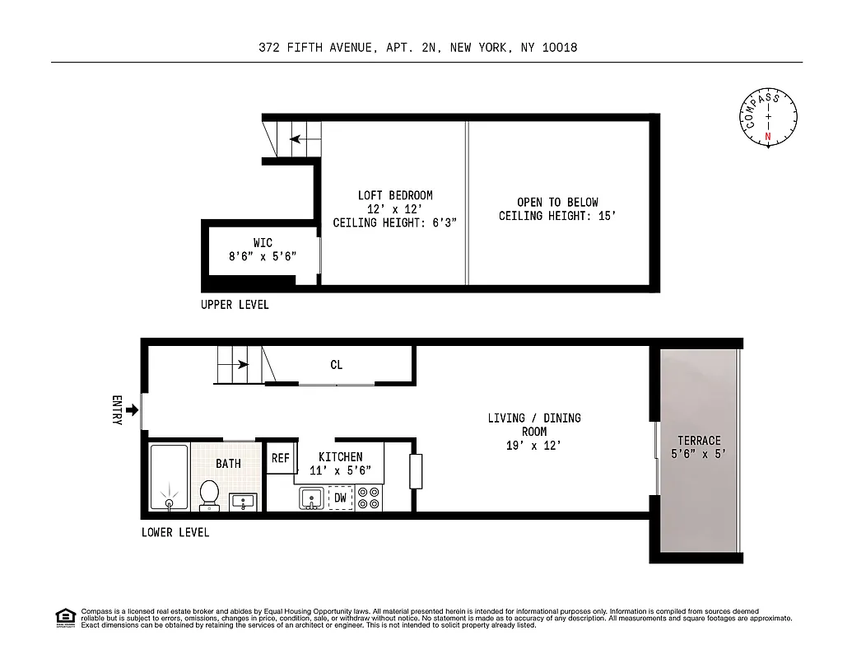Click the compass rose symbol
tap(768, 117)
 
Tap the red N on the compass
tap(768, 137)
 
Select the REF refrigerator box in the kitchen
tap(281, 458)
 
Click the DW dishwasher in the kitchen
tap(340, 498)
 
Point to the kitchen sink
tap(311, 498)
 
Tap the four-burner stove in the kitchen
tap(368, 498)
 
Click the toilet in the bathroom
tap(208, 495)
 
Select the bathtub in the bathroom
tap(169, 478)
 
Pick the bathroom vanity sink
tap(244, 500)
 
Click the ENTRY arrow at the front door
tap(133, 409)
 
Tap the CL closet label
tap(336, 365)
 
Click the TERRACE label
tap(699, 441)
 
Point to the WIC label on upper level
tap(263, 243)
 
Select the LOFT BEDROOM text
tap(394, 195)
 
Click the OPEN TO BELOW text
tap(557, 202)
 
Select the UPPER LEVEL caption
tap(235, 305)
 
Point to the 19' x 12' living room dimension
tap(533, 446)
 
